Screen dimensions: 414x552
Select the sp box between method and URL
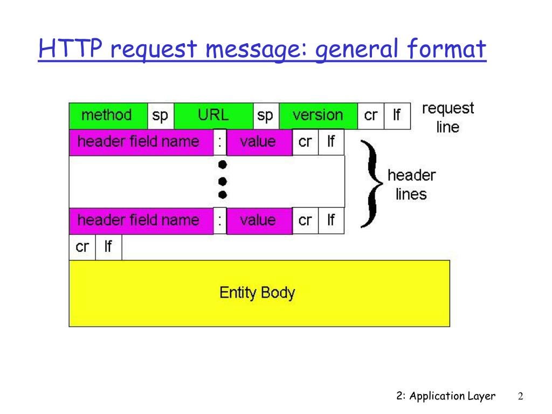tap(160, 115)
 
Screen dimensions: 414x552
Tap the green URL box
tap(213, 115)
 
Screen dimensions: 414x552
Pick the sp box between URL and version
tap(265, 115)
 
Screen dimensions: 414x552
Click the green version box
tap(318, 115)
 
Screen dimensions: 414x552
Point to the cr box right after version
tap(371, 115)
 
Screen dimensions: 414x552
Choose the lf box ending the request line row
tap(397, 115)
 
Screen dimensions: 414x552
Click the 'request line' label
tap(447, 118)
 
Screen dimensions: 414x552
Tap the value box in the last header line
tap(259, 221)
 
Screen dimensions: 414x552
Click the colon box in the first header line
tap(220, 142)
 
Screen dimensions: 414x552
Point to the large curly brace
tap(372, 183)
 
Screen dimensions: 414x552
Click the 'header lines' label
tap(411, 184)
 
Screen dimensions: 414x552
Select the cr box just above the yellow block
tap(82, 247)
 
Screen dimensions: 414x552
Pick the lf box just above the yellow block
tap(108, 247)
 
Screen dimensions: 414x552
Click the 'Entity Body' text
tap(257, 293)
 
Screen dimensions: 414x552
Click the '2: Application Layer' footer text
tap(445, 396)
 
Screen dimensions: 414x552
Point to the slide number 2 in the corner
tap(521, 396)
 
